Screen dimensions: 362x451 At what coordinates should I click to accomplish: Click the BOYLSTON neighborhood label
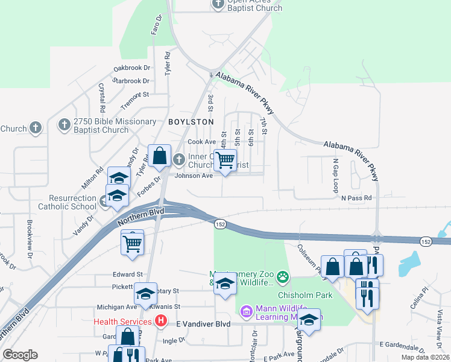tap(191, 122)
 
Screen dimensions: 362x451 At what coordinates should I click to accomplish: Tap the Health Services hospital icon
tap(160, 321)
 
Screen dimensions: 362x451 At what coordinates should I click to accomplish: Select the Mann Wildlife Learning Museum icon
tap(246, 311)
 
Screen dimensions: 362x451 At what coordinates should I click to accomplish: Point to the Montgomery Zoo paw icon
tap(283, 278)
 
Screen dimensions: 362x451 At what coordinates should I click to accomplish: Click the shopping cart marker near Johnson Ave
tap(225, 160)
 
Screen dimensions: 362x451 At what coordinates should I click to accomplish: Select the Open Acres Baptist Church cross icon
tap(218, 5)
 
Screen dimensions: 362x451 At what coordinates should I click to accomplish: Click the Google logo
tap(20, 355)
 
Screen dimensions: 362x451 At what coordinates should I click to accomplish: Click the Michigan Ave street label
tap(118, 306)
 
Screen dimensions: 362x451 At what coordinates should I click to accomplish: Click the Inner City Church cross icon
tap(179, 160)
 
